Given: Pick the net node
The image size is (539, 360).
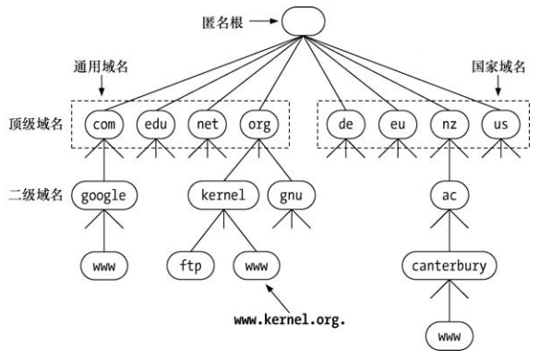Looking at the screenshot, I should [206, 122].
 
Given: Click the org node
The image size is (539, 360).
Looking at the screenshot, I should [258, 122].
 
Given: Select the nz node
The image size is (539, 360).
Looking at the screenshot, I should [449, 122].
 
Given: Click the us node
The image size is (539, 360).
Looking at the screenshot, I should [498, 122].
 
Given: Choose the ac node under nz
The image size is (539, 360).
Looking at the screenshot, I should [449, 196].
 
